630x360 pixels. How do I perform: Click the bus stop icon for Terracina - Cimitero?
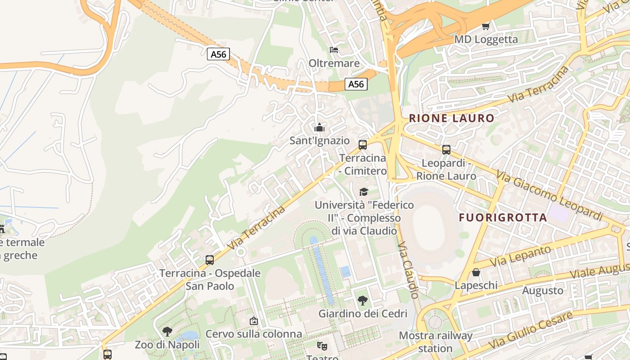[363, 144]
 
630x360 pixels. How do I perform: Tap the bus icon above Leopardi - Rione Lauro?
[446, 149]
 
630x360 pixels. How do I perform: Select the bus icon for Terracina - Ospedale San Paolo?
[210, 260]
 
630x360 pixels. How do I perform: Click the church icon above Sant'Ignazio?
[319, 127]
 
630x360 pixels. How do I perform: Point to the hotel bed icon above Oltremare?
[334, 49]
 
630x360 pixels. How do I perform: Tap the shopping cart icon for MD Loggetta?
[486, 26]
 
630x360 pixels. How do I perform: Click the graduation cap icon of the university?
[364, 192]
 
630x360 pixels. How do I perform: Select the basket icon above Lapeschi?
[476, 272]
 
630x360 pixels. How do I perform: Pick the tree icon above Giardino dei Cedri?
[362, 300]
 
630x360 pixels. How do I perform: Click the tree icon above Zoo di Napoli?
[167, 332]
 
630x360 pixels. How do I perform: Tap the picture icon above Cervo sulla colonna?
[254, 321]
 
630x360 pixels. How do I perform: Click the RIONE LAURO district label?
[451, 118]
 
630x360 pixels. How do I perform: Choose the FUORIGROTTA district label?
[503, 218]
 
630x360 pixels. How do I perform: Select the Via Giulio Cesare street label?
[531, 329]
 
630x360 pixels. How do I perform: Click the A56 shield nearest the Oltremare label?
[356, 84]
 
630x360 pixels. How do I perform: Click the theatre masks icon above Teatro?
[322, 346]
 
